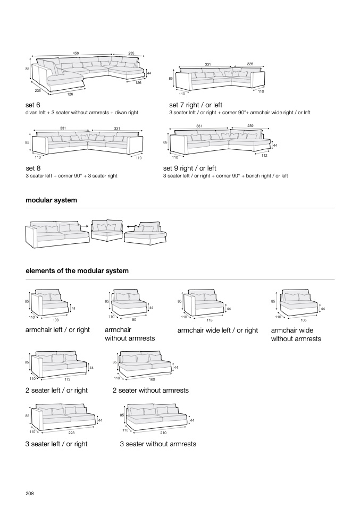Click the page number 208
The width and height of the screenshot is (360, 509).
(30, 494)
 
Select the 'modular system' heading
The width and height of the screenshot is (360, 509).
(51, 200)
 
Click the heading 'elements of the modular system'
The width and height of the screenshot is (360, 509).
(77, 271)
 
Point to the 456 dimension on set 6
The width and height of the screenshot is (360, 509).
(76, 53)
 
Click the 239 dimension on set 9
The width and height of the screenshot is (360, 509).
(250, 125)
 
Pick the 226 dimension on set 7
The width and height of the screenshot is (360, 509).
(250, 64)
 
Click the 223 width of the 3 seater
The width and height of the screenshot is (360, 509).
(71, 433)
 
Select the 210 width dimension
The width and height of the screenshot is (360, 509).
(163, 433)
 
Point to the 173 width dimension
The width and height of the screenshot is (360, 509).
(68, 379)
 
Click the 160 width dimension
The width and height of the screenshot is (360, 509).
(153, 379)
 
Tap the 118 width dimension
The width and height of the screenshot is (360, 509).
(208, 320)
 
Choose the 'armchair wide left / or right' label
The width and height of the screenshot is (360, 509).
(217, 330)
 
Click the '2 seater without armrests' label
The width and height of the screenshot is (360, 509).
(150, 391)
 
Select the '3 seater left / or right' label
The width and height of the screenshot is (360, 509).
(56, 444)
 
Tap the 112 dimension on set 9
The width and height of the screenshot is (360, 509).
(264, 155)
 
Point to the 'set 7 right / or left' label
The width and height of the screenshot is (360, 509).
(196, 105)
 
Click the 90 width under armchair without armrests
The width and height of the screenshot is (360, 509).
(134, 320)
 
